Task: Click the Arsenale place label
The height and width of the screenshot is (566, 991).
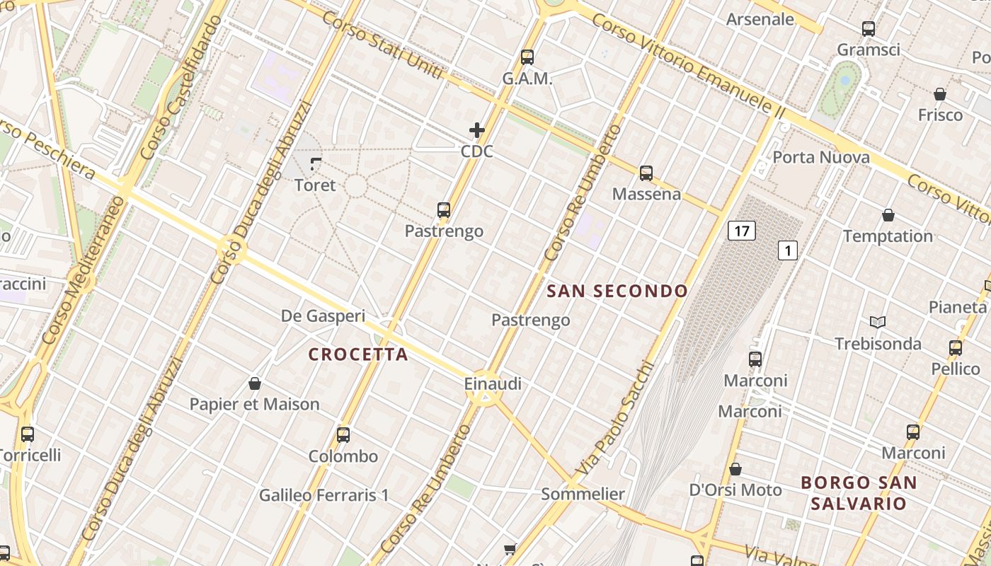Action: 760,19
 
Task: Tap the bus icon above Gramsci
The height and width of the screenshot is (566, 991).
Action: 869,29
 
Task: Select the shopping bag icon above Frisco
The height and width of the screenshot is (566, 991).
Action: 940,94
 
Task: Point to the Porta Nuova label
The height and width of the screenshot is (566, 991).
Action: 821,157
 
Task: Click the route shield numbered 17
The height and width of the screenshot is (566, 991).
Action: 741,231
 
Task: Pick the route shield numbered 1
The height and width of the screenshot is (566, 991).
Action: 788,250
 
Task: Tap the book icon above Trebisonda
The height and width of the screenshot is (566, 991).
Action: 878,322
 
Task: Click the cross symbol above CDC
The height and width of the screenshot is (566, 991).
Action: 477,130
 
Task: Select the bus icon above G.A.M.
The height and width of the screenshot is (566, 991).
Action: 527,57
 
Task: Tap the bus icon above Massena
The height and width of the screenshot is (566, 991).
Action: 646,173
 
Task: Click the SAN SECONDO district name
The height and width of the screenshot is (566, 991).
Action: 618,291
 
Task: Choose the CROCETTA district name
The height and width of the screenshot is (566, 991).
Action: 359,354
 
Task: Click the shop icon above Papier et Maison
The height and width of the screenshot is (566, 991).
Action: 255,383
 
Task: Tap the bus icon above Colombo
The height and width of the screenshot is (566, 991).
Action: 343,434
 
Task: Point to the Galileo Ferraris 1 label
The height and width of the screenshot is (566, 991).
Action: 323,495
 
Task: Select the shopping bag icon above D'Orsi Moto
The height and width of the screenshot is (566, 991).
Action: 735,469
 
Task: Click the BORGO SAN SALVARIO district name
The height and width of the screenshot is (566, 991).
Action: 859,493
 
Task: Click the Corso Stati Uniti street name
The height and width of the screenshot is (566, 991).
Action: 383,43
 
